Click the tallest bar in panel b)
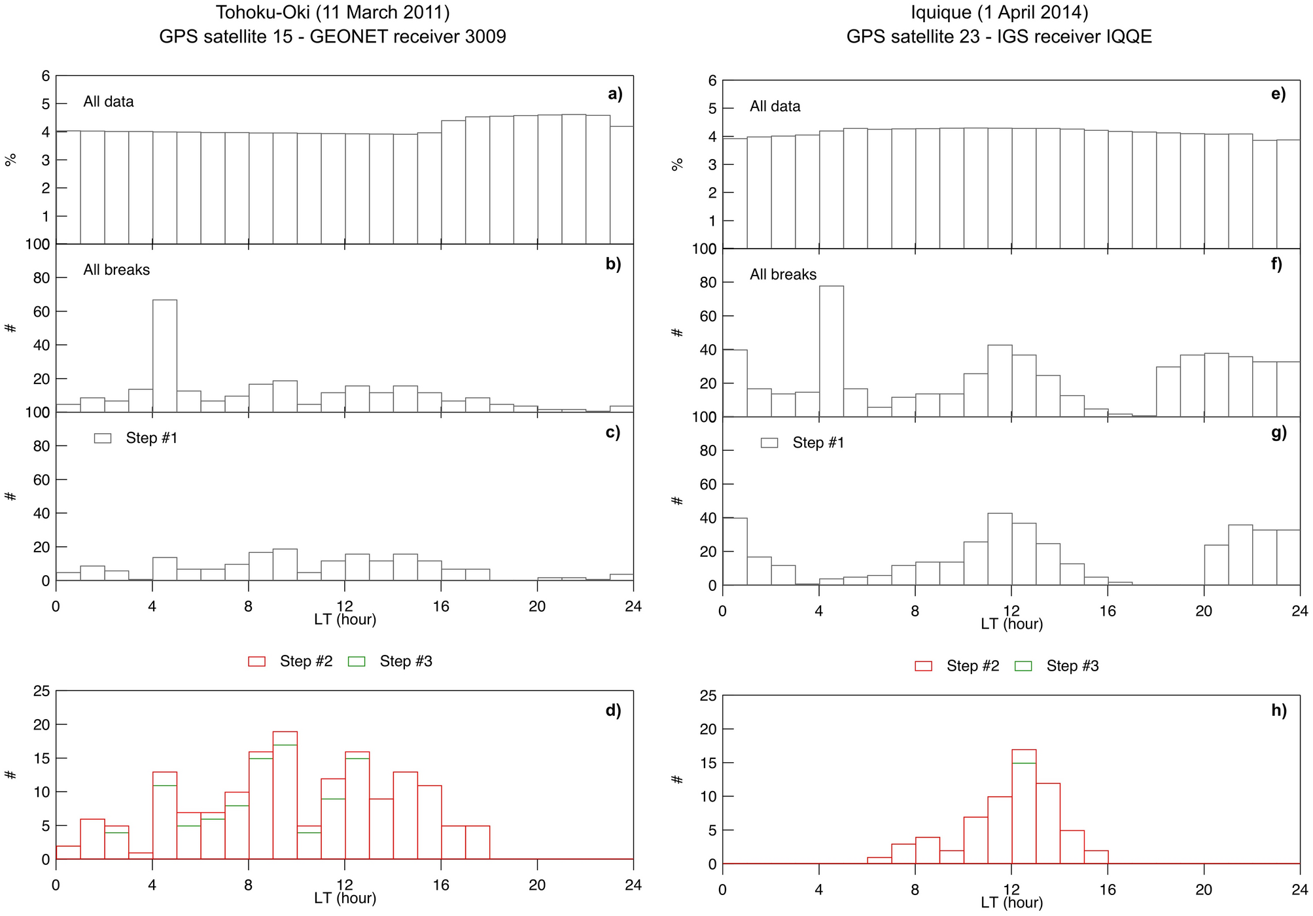tap(164, 356)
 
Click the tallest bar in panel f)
tap(831, 351)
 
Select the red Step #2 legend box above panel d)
tap(256, 661)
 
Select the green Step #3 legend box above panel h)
tap(1023, 666)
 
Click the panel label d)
tap(613, 711)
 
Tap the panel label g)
tap(1279, 432)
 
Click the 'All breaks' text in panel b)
tap(116, 270)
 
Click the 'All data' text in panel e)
tap(775, 106)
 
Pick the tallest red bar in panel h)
tap(1024, 806)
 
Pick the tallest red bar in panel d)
tap(285, 795)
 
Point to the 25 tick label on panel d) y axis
tap(41, 691)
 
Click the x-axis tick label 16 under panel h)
tap(1107, 890)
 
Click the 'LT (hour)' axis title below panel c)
tap(345, 619)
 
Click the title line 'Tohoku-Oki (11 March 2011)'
tap(332, 12)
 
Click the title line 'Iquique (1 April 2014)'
tap(999, 12)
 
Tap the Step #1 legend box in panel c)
tap(103, 438)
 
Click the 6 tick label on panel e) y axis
tap(712, 80)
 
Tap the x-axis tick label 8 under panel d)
tap(249, 885)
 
